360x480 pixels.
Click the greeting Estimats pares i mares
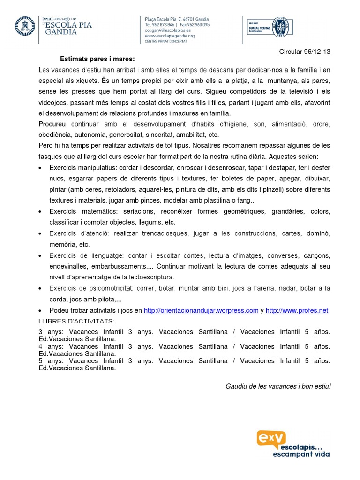point(97,59)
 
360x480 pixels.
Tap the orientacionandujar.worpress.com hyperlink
point(201,310)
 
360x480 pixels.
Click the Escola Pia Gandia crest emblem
point(25,27)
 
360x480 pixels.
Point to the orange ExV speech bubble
point(271,438)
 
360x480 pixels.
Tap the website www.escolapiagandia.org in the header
point(170,35)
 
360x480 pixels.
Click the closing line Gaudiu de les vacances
point(278,386)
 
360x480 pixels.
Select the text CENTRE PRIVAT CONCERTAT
point(166,41)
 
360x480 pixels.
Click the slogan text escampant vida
point(301,454)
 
